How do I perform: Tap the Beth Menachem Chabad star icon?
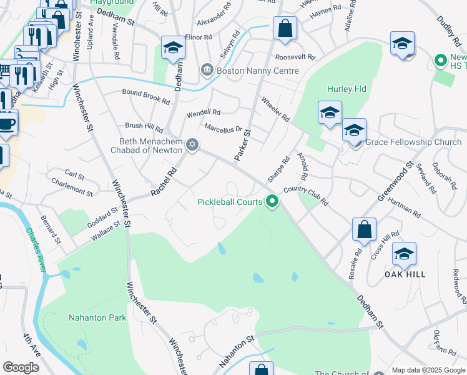point(192,145)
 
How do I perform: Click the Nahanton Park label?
point(97,317)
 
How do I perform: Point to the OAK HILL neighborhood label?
point(405,274)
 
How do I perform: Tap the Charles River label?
point(36,249)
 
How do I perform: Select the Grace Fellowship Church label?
point(413,142)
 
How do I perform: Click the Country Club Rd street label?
point(305,194)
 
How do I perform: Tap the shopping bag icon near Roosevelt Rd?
point(285,29)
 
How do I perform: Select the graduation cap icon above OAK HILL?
point(404,254)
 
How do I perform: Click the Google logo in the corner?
point(21,367)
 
